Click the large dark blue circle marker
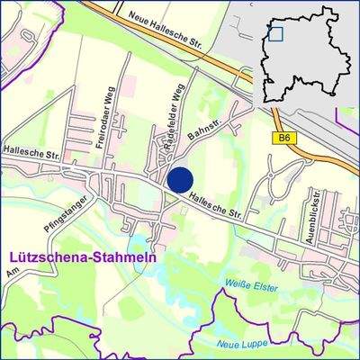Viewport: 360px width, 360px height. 181,179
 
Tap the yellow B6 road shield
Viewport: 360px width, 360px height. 284,138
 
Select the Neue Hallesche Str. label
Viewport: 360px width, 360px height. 166,21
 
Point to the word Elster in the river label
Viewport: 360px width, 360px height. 264,289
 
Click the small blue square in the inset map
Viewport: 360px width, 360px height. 275,33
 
